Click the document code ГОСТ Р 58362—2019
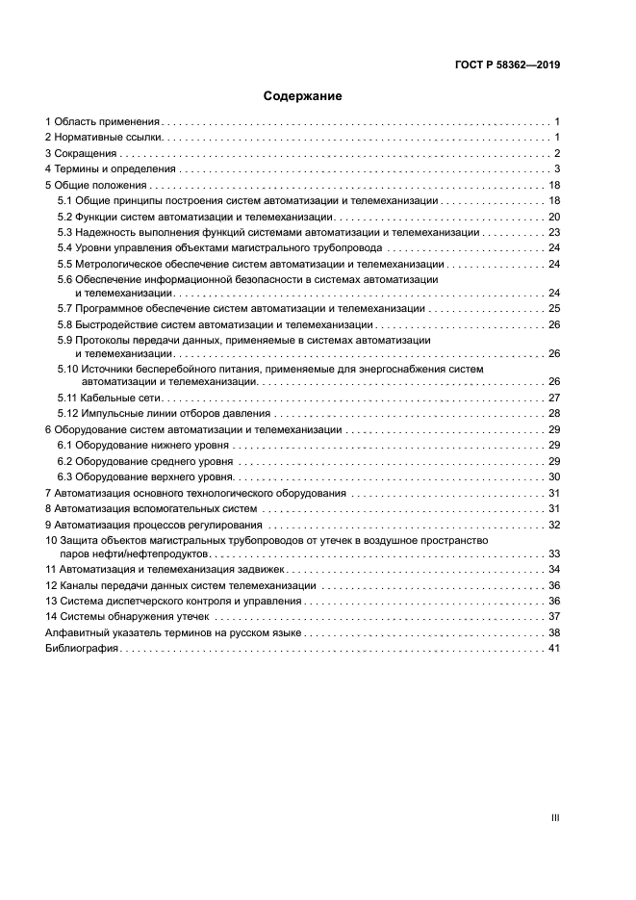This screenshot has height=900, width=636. pos(507,65)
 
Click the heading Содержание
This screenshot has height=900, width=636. pos(302,96)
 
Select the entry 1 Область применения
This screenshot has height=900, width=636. pos(102,122)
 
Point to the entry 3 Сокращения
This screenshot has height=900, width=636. pos(81,153)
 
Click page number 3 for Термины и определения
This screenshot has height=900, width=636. pos(556,169)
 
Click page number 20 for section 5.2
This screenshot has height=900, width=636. pos(553,217)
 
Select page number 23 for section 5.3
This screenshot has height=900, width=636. pos(553,232)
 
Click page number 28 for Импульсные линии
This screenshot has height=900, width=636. pos(553,413)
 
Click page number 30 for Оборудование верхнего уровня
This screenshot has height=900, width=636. pos(553,476)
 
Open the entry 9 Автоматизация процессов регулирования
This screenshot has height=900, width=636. pos(154,525)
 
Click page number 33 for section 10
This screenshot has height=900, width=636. pos(553,553)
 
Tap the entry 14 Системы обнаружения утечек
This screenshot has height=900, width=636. pos(127,616)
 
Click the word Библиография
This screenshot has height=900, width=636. pos(81,649)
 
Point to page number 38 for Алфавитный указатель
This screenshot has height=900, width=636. pos(553,633)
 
